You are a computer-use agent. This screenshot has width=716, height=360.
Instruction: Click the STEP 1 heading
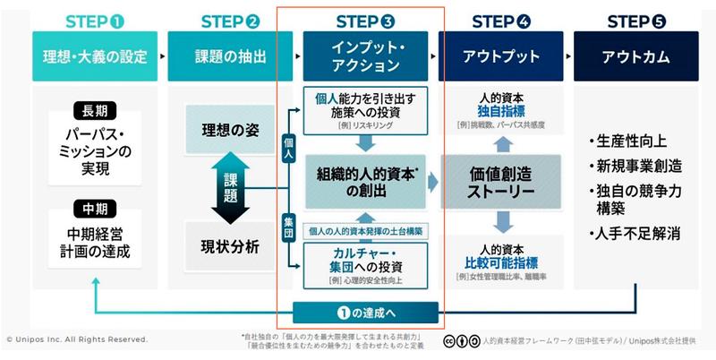(x=95, y=21)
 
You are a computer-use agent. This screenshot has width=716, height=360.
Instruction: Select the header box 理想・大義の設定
(x=95, y=56)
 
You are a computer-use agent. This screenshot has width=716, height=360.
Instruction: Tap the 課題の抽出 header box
(x=230, y=56)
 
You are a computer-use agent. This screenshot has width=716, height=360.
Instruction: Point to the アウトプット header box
(x=500, y=56)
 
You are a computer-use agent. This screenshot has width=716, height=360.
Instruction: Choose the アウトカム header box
(x=636, y=56)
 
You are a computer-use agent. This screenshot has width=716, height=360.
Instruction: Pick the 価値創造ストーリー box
(x=501, y=182)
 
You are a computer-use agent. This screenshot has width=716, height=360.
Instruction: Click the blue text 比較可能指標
(x=501, y=261)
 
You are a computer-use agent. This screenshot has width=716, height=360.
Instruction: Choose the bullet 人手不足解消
(x=636, y=234)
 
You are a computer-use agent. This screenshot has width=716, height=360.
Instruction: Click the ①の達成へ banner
(x=366, y=313)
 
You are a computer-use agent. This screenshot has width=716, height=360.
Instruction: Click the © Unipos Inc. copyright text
(x=77, y=339)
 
